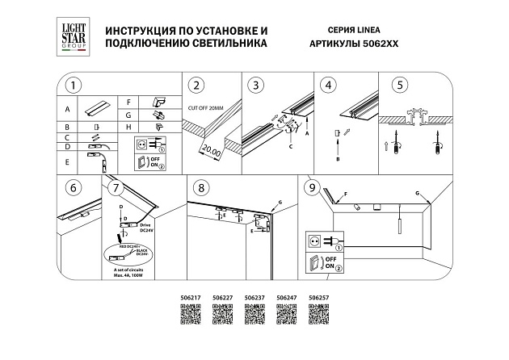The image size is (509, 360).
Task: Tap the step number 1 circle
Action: point(74,86)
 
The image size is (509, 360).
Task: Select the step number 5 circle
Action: point(399,86)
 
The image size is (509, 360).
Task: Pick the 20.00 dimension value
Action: point(211,150)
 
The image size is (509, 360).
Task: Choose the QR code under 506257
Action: point(318,319)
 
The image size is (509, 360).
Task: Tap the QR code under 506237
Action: point(254,319)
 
